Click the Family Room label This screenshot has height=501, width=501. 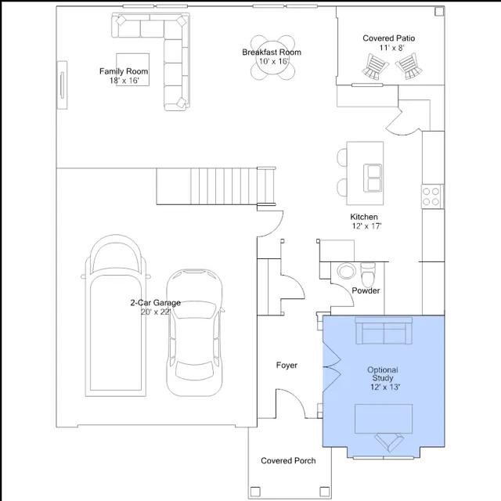click(124, 71)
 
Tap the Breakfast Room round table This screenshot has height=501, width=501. click(272, 57)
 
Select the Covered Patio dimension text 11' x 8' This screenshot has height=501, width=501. click(392, 48)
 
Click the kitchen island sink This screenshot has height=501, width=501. click(373, 178)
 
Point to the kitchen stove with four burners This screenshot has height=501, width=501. click(431, 196)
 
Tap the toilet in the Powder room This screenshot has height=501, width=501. click(369, 275)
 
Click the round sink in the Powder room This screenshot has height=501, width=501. click(346, 272)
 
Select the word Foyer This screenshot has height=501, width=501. click(287, 365)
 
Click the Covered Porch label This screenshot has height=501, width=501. click(288, 460)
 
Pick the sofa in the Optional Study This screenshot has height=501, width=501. click(384, 330)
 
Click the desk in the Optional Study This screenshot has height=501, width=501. click(384, 419)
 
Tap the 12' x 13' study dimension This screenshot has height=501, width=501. click(385, 387)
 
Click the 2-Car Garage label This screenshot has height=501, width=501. click(155, 303)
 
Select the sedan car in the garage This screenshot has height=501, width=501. click(194, 333)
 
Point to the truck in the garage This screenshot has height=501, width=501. click(116, 315)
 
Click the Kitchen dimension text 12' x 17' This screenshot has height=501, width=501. click(367, 226)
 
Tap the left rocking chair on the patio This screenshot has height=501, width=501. click(375, 67)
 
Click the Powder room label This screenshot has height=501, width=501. click(366, 290)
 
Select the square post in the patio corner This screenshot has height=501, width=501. click(439, 12)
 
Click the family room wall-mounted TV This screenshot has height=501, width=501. click(62, 85)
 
